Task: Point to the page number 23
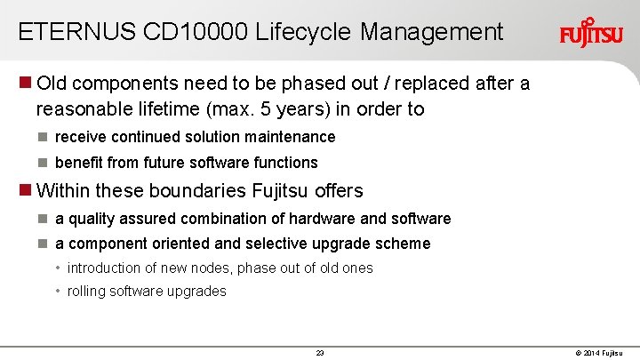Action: (x=320, y=353)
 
